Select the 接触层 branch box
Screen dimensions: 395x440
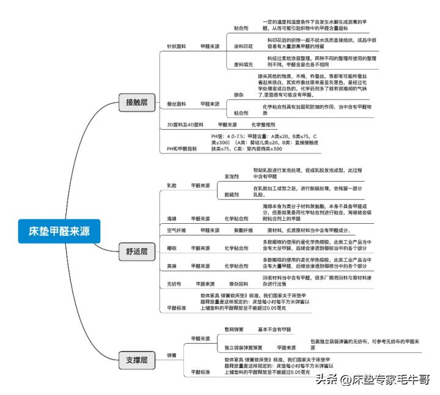point(136,102)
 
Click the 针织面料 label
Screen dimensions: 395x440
point(177,46)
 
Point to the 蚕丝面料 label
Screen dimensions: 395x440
point(177,104)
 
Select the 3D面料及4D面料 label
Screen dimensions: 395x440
point(185,124)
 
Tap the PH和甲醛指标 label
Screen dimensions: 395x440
point(182,149)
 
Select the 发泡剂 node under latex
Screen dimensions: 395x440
point(232,176)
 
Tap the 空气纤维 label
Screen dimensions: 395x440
point(177,231)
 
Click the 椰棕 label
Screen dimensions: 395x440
point(172,248)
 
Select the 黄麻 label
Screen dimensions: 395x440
point(172,267)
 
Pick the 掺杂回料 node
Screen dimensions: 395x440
point(238,284)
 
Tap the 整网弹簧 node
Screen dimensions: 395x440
point(233,330)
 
